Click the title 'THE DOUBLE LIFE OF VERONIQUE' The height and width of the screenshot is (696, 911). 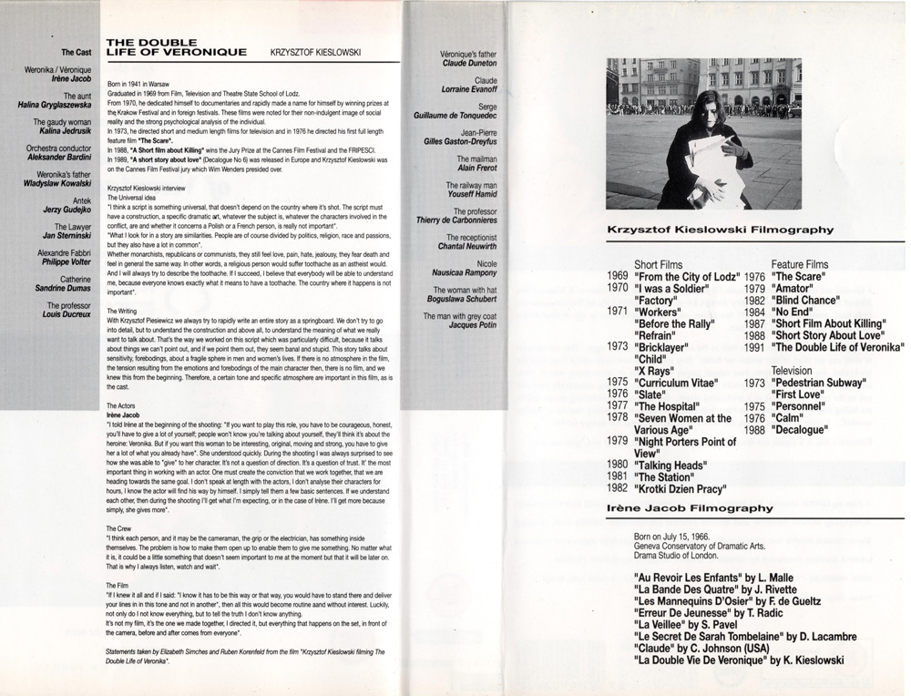(176, 47)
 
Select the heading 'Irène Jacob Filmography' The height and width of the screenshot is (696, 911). (690, 507)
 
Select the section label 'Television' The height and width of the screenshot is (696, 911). (797, 371)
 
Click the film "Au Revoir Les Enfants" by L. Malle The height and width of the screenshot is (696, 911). (713, 578)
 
